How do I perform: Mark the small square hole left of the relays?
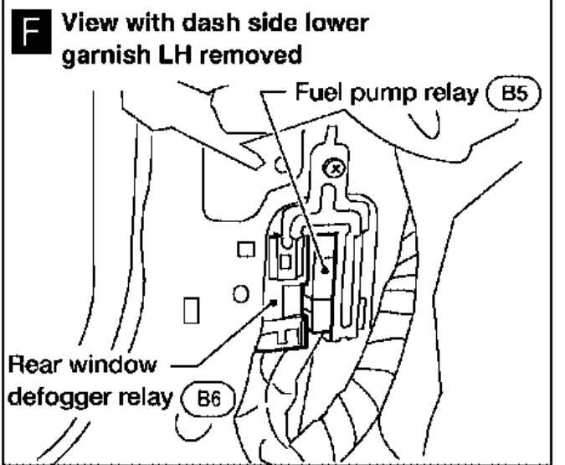pos(244,250)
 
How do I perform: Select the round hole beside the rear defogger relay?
pos(239,294)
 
